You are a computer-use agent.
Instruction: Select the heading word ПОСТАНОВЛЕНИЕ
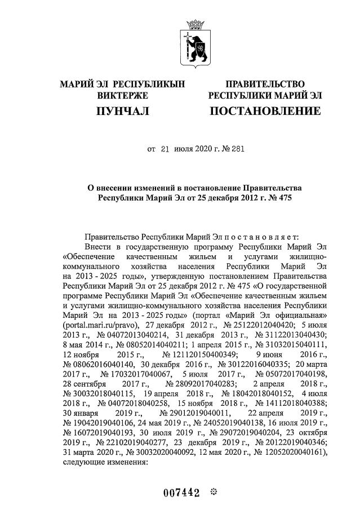265,112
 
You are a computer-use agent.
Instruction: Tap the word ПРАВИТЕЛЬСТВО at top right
265,85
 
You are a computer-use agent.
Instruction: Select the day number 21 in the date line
165,149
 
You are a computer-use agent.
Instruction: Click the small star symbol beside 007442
212,493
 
